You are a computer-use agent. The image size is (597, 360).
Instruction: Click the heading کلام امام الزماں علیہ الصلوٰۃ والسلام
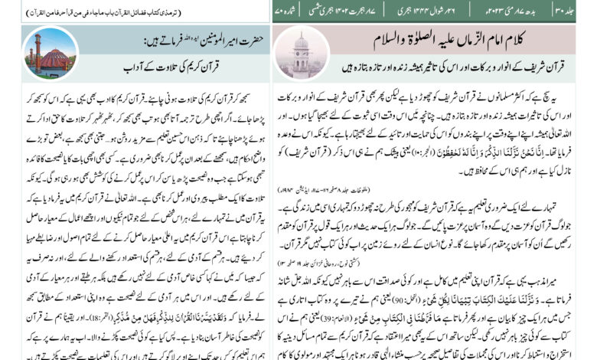click(x=441, y=40)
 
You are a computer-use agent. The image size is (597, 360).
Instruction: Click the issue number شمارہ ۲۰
click(x=292, y=10)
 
